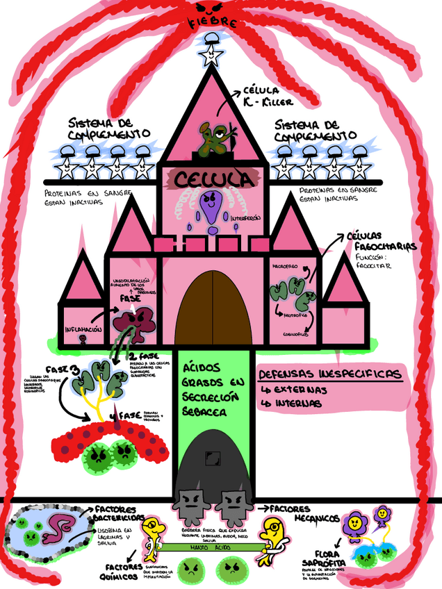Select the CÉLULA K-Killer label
pos(265,97)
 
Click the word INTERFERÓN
pos(246,217)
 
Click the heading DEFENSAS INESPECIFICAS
pos(329,374)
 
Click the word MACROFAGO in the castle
pos(285,266)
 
